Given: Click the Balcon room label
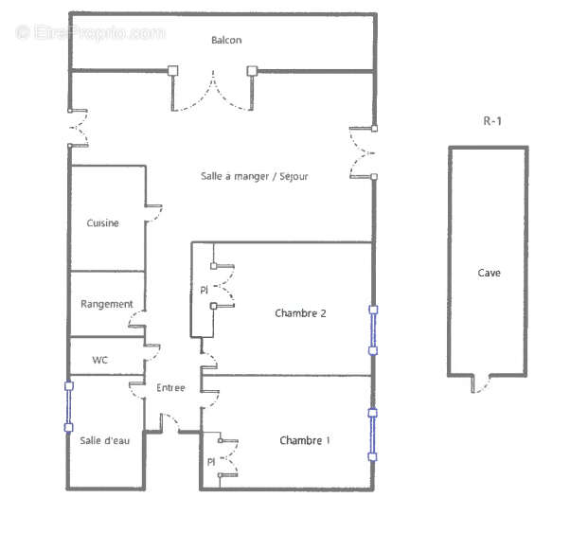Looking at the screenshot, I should (225, 40).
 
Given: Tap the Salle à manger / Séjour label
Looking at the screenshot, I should (254, 176).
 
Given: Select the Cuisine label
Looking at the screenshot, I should (102, 223).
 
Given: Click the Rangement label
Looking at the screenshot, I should (106, 304).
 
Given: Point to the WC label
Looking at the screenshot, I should (99, 360).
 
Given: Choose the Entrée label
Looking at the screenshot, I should (170, 387).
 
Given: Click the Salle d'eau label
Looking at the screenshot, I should (103, 439).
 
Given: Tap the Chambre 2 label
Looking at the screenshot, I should (300, 312).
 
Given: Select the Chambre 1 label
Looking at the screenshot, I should (305, 440).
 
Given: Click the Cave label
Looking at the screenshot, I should (489, 273).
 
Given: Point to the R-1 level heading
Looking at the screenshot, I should (490, 120).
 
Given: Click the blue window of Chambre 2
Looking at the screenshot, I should (373, 329).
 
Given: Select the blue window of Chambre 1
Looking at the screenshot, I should (372, 435).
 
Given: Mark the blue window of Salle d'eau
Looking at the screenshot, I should (68, 406).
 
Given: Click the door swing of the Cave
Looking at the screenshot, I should (482, 384).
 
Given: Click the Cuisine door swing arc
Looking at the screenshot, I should (153, 213).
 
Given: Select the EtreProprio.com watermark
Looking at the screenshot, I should (90, 32).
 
